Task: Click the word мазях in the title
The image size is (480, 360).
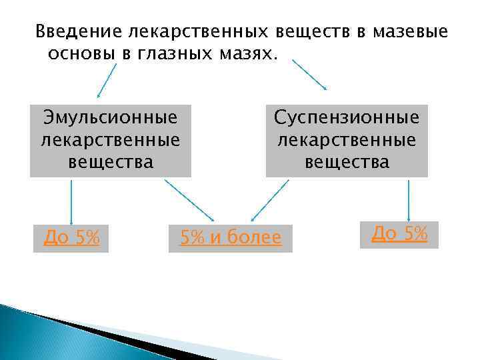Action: (x=248, y=53)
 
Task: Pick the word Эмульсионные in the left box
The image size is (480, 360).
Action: (x=111, y=117)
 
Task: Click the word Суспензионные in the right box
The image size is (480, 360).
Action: (x=347, y=117)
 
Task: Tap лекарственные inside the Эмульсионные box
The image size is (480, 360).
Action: (x=111, y=139)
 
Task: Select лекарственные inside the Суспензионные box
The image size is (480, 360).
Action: (x=347, y=139)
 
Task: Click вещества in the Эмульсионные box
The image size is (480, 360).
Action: (x=111, y=161)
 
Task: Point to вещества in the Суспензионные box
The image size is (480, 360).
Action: (x=347, y=161)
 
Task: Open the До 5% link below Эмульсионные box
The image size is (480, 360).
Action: (x=71, y=237)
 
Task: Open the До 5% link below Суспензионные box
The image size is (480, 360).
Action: (x=399, y=233)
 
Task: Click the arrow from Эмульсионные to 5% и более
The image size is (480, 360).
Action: (x=189, y=199)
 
